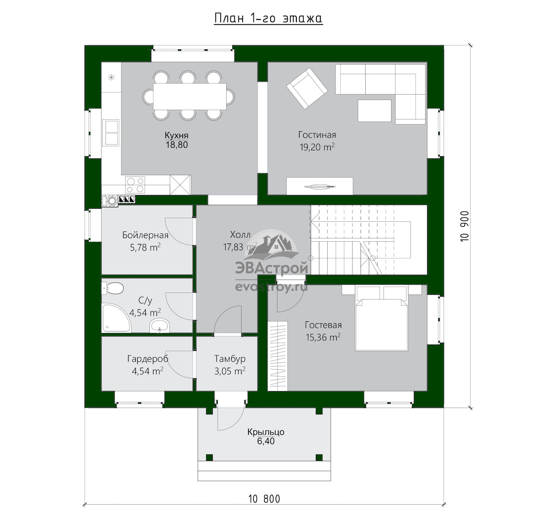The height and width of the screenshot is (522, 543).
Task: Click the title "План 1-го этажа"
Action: (268, 19)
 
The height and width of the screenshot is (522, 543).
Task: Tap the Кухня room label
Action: (176, 135)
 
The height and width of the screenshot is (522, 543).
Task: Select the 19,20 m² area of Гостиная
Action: (317, 147)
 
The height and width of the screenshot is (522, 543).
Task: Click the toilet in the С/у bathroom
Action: (113, 288)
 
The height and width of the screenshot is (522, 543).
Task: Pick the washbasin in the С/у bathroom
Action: (160, 326)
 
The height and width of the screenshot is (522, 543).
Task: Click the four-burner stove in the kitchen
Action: (135, 185)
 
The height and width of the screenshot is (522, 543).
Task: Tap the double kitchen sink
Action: (111, 133)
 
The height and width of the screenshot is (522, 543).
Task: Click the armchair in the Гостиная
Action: (307, 88)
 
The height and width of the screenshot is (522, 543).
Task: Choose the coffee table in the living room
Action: (374, 110)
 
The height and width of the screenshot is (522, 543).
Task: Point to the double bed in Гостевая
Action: (381, 318)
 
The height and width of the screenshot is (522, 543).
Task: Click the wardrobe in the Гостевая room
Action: (277, 356)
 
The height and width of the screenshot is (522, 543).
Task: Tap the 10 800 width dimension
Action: (264, 499)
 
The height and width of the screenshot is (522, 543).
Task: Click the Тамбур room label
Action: (230, 359)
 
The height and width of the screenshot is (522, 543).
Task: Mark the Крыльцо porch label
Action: (266, 432)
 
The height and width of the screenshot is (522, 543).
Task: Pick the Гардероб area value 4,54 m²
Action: (148, 371)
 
